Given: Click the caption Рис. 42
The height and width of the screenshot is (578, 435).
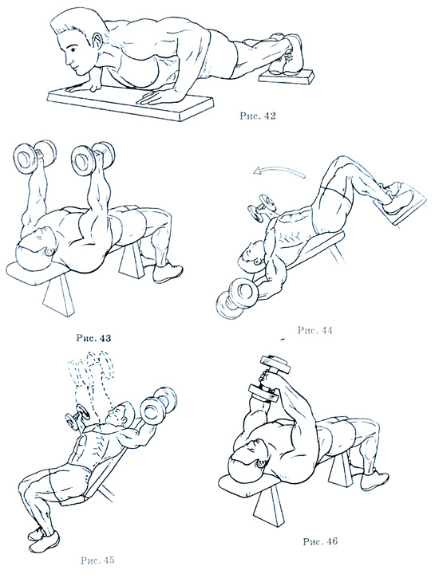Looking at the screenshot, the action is [258, 116].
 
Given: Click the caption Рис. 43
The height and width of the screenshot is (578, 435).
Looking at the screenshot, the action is [93, 338].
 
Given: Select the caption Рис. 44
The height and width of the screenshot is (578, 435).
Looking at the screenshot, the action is [314, 330].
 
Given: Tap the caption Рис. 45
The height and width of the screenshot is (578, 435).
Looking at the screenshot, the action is [97, 560].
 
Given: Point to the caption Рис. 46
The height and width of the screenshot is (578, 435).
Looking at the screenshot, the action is [320, 541].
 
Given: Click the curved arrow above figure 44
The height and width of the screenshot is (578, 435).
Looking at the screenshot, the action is [279, 171].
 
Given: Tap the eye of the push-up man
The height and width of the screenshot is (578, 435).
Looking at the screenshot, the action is [73, 49].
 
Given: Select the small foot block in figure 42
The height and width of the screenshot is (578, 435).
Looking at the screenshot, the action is [287, 77].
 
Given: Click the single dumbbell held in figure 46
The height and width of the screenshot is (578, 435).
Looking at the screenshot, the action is [269, 379].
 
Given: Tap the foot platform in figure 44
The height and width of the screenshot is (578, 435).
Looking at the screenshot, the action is [401, 203].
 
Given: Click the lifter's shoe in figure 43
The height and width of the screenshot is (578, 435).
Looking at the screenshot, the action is [168, 273].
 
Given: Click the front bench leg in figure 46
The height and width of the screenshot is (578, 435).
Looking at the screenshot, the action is [268, 508].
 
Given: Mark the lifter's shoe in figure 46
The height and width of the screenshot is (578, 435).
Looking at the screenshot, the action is [374, 480].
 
